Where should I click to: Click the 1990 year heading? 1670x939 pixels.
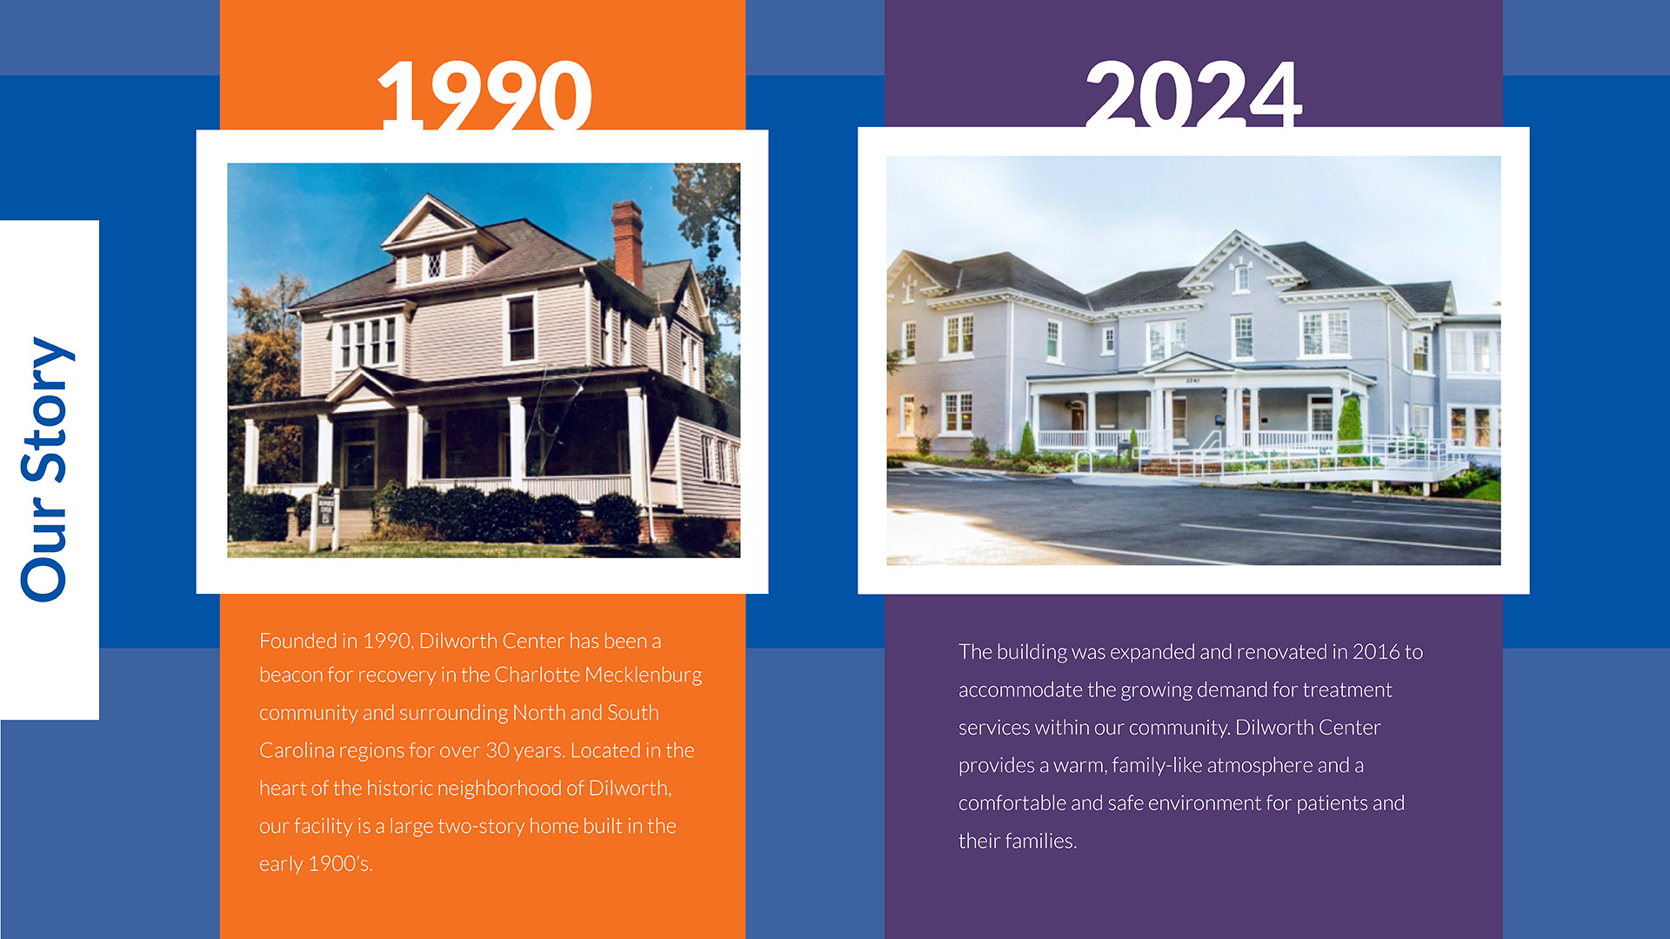484,94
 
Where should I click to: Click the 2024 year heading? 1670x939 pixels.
1193,93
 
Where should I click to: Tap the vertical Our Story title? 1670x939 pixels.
47,469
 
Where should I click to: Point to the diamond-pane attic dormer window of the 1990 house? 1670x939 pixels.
432,265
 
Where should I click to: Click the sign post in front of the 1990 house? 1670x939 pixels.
325,518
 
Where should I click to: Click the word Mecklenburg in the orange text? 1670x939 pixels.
643,676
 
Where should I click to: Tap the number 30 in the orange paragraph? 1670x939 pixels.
498,750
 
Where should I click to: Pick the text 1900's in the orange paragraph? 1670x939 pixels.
340,863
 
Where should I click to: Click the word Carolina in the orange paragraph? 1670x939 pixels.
297,750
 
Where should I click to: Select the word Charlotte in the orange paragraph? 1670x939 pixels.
537,675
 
